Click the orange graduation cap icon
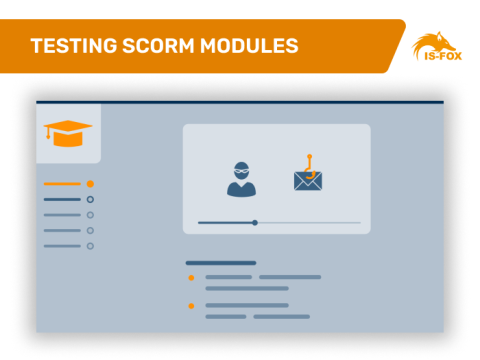tap(67, 133)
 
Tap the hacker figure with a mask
tap(242, 178)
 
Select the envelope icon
tap(308, 181)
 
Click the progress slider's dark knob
tap(255, 222)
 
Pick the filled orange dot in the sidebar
tap(90, 184)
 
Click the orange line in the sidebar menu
tap(62, 184)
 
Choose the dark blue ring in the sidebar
tap(90, 199)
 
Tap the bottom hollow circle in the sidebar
tap(90, 245)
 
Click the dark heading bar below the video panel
tap(220, 263)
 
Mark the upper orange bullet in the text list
tap(191, 277)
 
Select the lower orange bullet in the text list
tap(191, 305)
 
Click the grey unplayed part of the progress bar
tap(310, 222)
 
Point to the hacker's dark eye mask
tap(242, 170)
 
